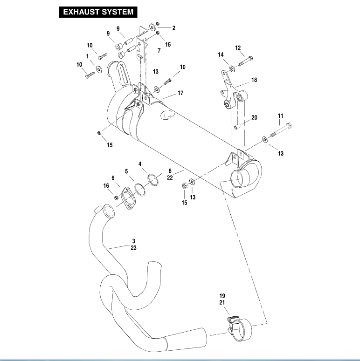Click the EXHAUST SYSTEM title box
tap(98, 12)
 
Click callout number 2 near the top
tap(173, 28)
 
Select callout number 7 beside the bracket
tap(159, 50)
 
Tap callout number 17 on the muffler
tap(180, 93)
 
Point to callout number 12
tap(238, 48)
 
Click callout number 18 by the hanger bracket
tap(254, 80)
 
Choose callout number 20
tap(254, 118)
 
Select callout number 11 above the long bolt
tap(280, 116)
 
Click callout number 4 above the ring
tap(140, 164)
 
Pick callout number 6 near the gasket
tap(112, 177)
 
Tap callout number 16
tap(106, 186)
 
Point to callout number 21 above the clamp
tap(222, 303)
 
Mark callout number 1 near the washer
tap(87, 56)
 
